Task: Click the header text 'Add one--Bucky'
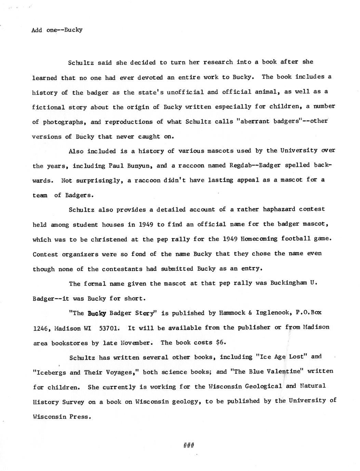(x=57, y=30)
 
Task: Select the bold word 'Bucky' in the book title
(x=97, y=313)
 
